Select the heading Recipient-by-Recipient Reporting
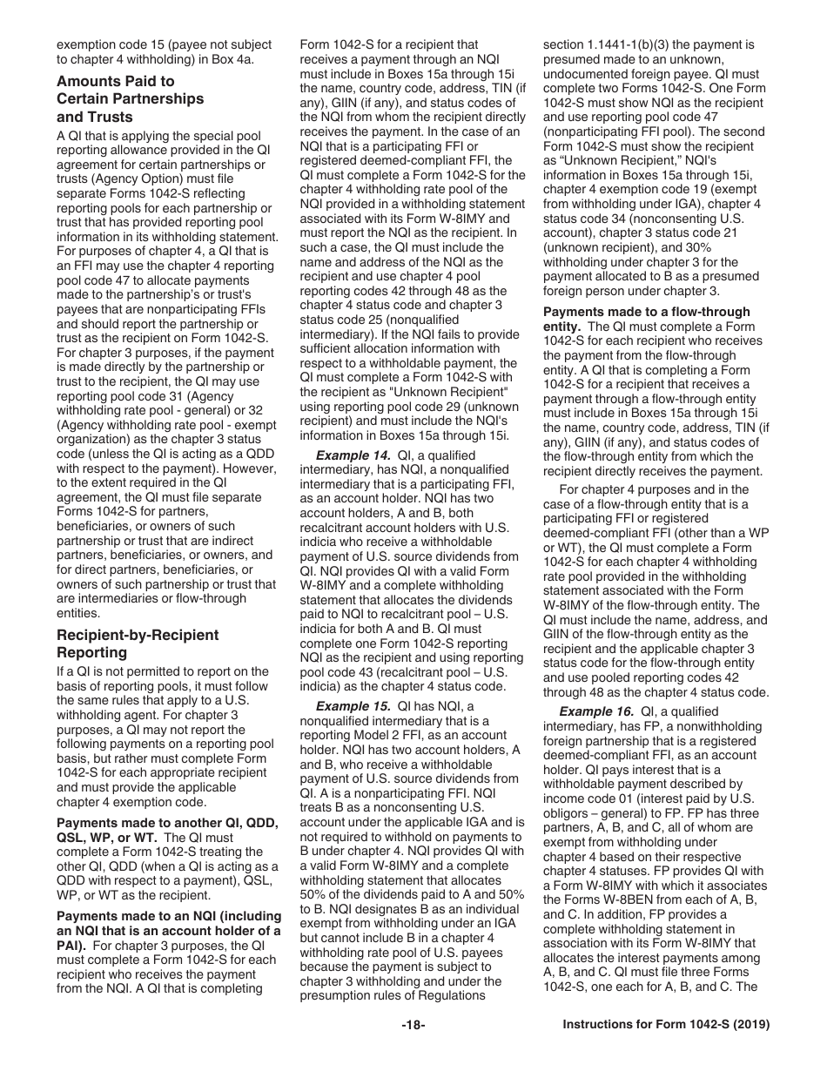click(138, 643)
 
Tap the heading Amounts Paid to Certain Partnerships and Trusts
click(130, 98)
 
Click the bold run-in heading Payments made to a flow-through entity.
click(646, 319)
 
